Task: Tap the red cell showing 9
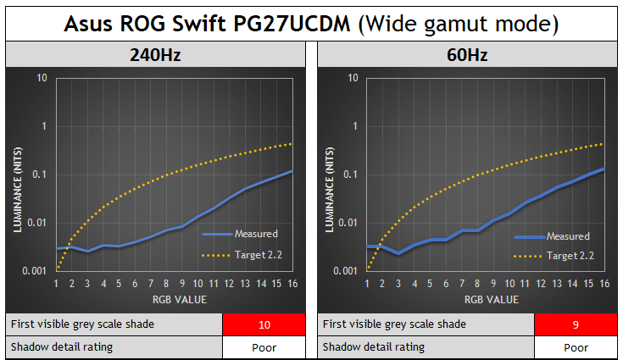(575, 324)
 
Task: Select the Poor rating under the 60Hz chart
(575, 346)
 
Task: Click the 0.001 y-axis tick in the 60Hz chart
(347, 271)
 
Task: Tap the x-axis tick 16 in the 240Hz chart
(291, 284)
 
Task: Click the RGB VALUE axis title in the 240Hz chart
(174, 299)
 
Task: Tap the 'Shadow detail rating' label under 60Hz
(373, 346)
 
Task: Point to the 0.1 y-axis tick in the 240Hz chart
(40, 174)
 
